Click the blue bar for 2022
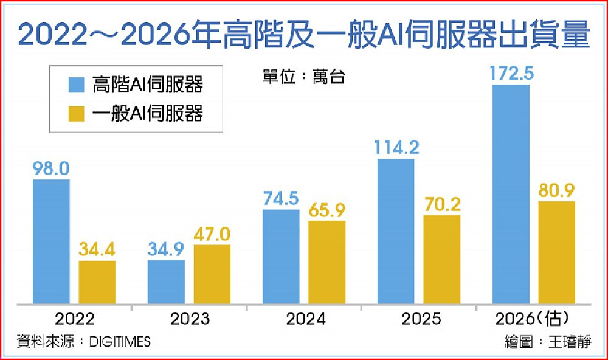pyautogui.click(x=51, y=241)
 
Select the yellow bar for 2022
pyautogui.click(x=97, y=282)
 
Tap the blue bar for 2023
pyautogui.click(x=166, y=282)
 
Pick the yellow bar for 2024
pyautogui.click(x=326, y=262)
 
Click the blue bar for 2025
pyautogui.click(x=396, y=231)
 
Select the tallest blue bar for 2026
pyautogui.click(x=511, y=194)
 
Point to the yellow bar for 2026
pyautogui.click(x=556, y=252)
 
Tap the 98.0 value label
pyautogui.click(x=51, y=168)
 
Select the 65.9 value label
pyautogui.click(x=326, y=210)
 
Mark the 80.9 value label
pyautogui.click(x=556, y=191)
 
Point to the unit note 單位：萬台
pyautogui.click(x=299, y=77)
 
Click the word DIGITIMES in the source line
pyautogui.click(x=119, y=342)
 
